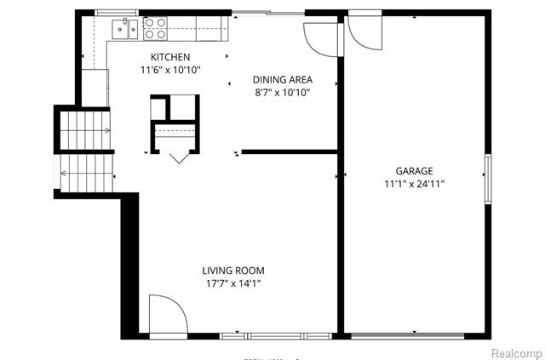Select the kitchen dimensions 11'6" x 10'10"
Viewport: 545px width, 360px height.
point(169,70)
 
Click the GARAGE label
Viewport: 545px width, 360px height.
point(414,170)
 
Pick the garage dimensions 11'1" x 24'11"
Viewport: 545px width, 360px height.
point(414,183)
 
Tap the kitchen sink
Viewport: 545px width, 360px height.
point(125,29)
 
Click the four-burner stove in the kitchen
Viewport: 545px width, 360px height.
point(154,29)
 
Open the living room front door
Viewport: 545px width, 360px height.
point(168,316)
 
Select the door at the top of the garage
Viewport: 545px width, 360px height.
point(363,32)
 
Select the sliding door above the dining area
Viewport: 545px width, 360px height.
point(267,13)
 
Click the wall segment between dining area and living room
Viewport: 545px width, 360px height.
point(290,152)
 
